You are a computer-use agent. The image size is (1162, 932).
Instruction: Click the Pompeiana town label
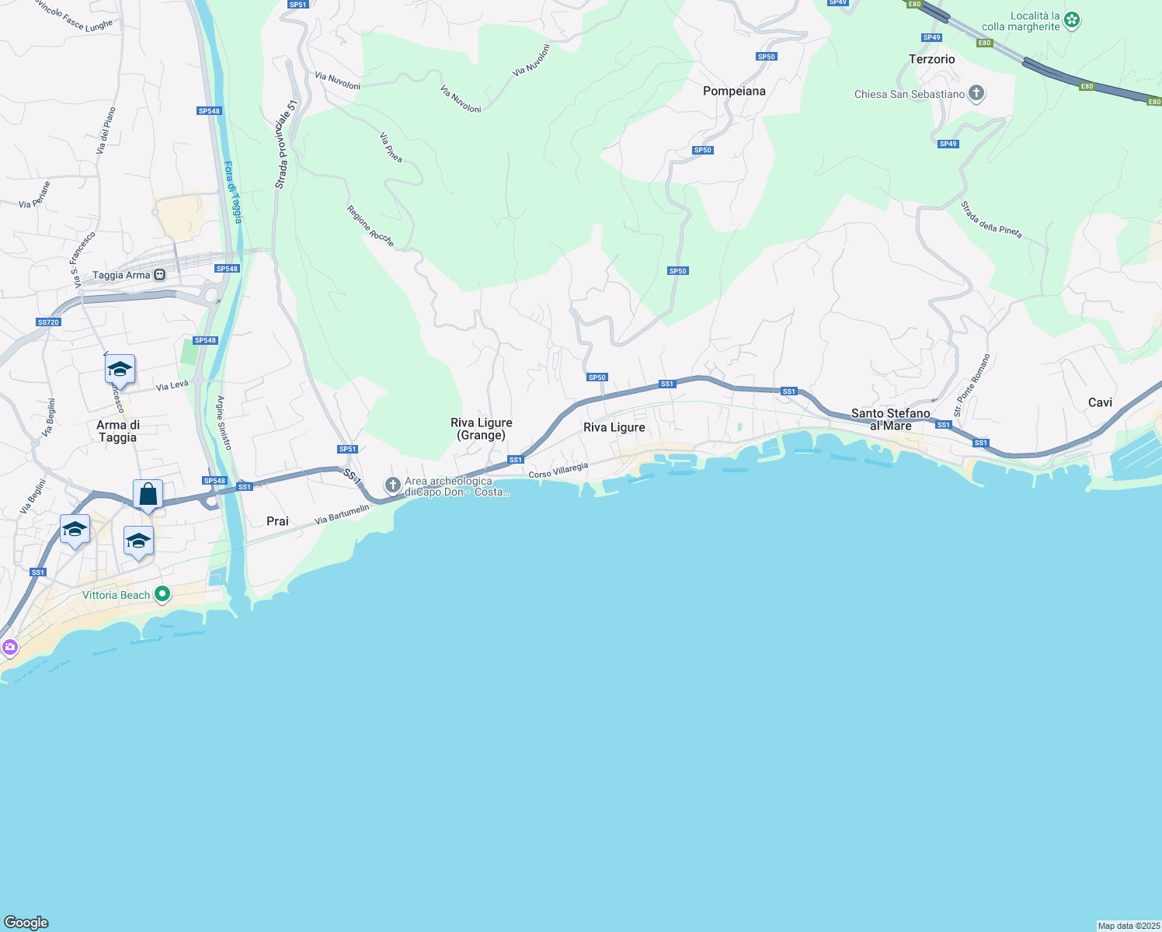click(x=734, y=91)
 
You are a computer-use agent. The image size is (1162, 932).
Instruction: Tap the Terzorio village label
click(x=931, y=59)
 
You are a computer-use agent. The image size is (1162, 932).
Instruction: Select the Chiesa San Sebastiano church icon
click(x=976, y=94)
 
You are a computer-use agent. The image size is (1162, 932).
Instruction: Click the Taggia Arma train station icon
click(x=159, y=275)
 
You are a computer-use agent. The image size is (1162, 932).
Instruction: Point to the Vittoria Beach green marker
click(x=162, y=595)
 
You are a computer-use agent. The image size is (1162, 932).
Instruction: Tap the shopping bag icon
click(x=148, y=494)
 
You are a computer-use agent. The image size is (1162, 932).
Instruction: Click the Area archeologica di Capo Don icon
click(x=393, y=486)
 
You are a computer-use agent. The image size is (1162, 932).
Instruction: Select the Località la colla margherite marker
click(x=1072, y=20)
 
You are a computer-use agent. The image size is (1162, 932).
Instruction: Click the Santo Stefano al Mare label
click(x=890, y=419)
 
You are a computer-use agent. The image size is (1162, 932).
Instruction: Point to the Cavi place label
click(x=1100, y=402)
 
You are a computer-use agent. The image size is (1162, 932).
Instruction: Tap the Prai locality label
click(x=277, y=521)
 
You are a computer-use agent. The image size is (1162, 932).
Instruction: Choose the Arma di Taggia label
click(x=118, y=431)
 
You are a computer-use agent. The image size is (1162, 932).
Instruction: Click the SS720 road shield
click(x=48, y=322)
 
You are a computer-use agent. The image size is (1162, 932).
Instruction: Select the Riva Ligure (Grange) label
click(x=482, y=429)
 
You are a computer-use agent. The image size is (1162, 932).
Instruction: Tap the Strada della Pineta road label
click(x=991, y=220)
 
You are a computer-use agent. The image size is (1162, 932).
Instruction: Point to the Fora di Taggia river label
click(x=233, y=192)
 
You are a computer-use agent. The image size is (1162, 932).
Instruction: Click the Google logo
click(x=26, y=923)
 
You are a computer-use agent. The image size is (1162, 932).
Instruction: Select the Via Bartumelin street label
click(x=342, y=515)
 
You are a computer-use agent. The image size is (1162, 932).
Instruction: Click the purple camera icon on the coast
click(x=9, y=647)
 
